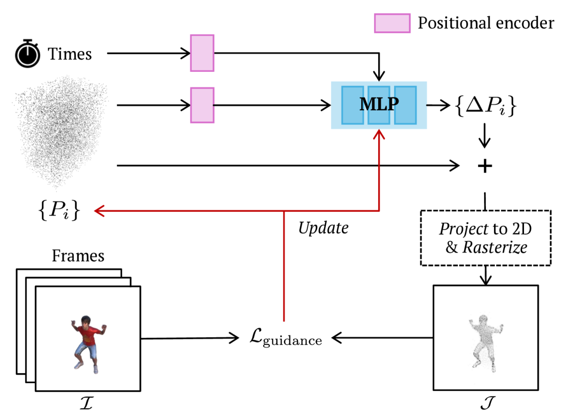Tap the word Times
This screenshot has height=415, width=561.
click(x=70, y=54)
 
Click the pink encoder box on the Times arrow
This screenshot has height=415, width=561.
click(x=202, y=53)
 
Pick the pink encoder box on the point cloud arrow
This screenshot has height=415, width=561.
click(x=202, y=106)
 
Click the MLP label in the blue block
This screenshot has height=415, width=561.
click(x=379, y=105)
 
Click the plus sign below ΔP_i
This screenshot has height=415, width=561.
click(x=485, y=166)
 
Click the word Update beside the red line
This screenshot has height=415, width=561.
click(x=324, y=228)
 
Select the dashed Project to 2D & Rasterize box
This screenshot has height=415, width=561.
click(x=485, y=238)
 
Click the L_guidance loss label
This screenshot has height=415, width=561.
click(x=286, y=338)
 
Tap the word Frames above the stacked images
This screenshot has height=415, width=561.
click(x=78, y=256)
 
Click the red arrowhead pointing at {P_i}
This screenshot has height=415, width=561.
click(x=99, y=211)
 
